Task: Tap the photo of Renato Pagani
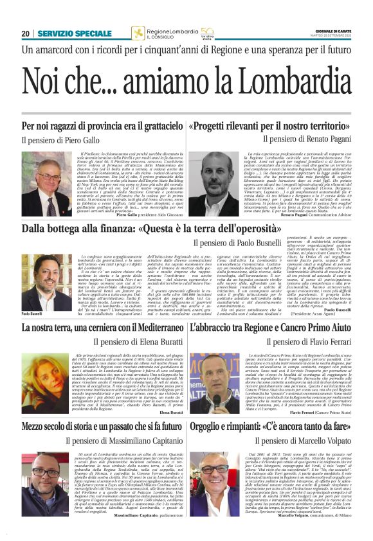coord(207,182)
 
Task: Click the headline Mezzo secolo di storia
coord(64,426)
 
